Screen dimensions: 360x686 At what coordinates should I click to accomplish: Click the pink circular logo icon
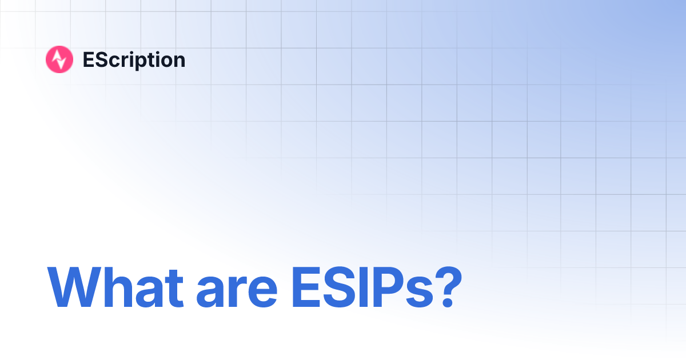tap(59, 59)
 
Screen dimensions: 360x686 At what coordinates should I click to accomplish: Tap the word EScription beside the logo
tap(134, 60)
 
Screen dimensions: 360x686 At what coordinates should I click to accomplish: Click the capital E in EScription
tap(88, 59)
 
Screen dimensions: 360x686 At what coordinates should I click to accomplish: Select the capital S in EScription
tap(100, 59)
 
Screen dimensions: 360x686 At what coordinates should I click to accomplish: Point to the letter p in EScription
tap(142, 62)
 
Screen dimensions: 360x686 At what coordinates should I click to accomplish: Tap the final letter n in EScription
tap(179, 61)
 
